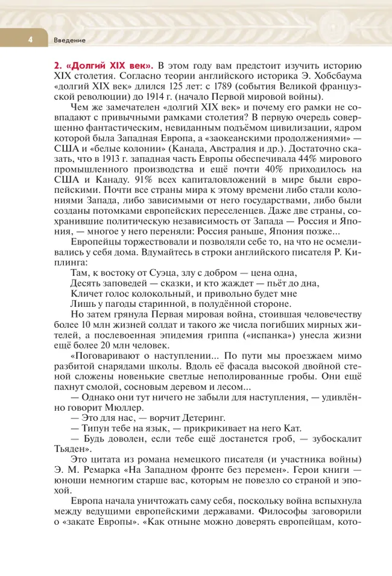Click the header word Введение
69,40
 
